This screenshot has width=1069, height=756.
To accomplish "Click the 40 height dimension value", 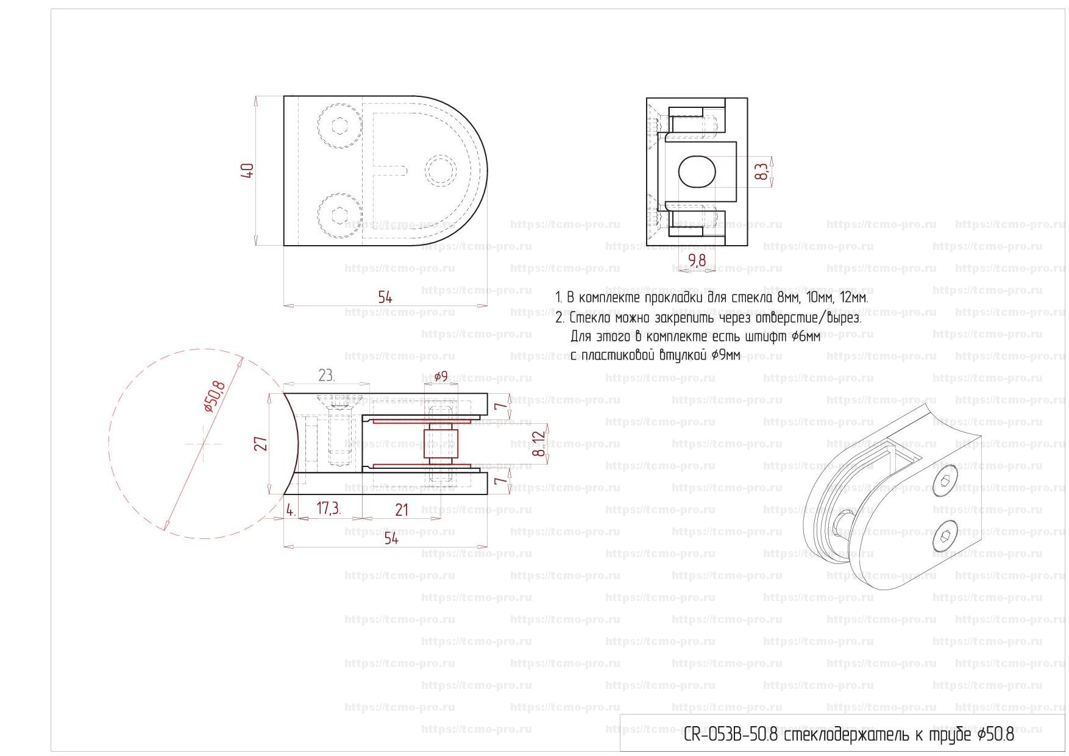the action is pos(247,170).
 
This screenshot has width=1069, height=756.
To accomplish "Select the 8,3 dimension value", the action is pos(761,172).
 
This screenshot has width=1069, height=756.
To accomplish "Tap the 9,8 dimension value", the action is pos(697,260).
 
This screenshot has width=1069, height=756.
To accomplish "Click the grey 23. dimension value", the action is pos(327,376).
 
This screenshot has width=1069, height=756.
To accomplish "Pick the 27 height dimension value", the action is pos(260,443).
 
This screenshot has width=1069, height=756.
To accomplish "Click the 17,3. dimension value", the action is pos(329,508).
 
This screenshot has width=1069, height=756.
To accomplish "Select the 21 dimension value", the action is pos(402,509).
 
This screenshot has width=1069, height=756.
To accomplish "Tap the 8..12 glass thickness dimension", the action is pos(539,443).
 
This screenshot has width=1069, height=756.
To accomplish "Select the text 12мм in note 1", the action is pos(853,298).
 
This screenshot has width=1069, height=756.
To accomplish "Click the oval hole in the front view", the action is pos(696,171).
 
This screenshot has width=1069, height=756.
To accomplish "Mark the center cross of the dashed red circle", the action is pos(204,444).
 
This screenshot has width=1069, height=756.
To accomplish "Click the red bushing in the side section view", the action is pos(440,444).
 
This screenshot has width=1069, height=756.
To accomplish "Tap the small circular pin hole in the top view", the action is pos(440,171).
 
